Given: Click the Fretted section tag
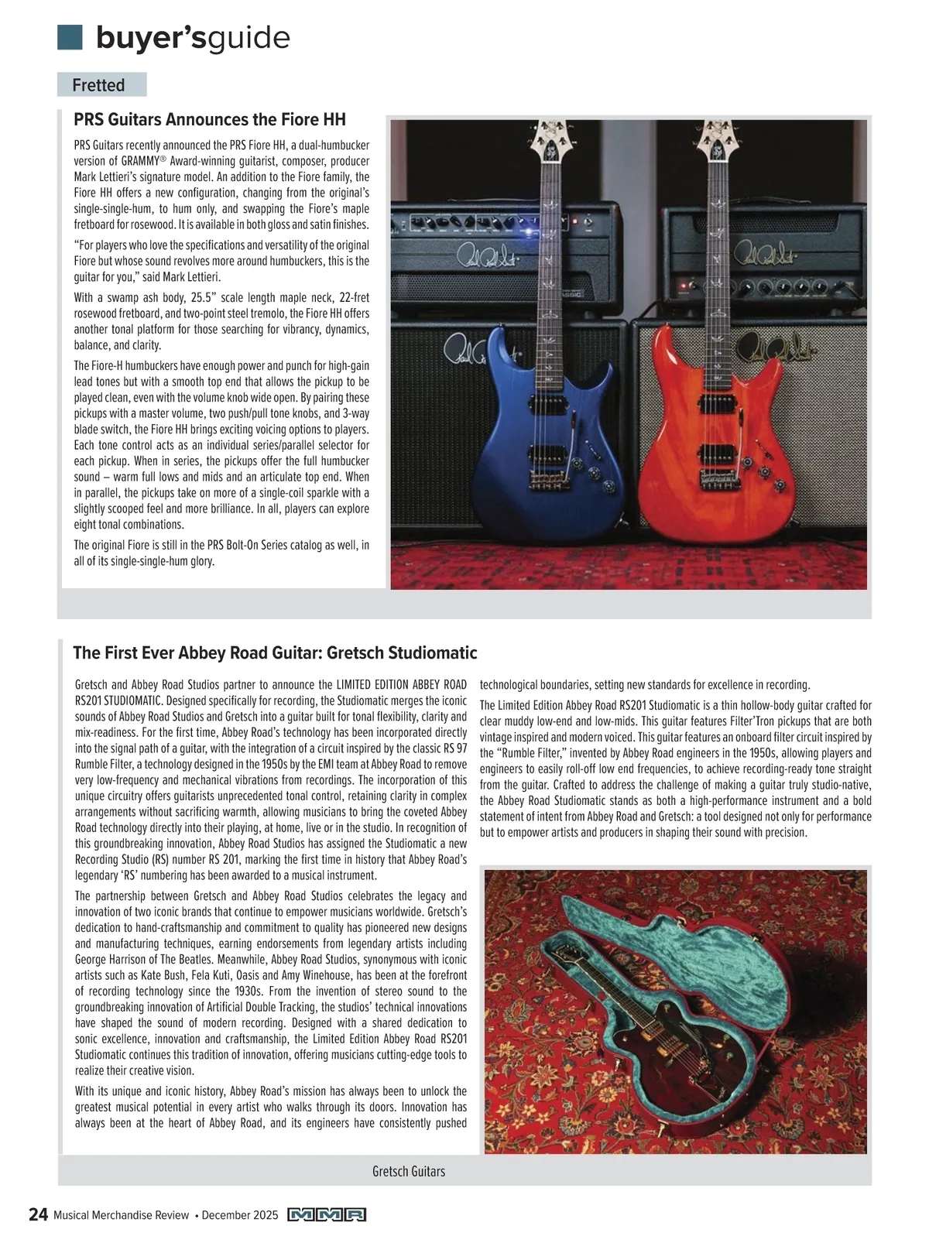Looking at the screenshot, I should [x=98, y=85].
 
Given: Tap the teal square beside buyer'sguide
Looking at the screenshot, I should [x=70, y=37].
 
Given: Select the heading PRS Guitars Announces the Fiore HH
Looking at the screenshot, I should [x=209, y=119].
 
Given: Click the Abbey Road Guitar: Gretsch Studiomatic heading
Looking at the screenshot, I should [x=275, y=652].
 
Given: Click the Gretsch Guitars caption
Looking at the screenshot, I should [x=408, y=1171].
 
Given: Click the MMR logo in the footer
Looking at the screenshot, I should [x=326, y=1215].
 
